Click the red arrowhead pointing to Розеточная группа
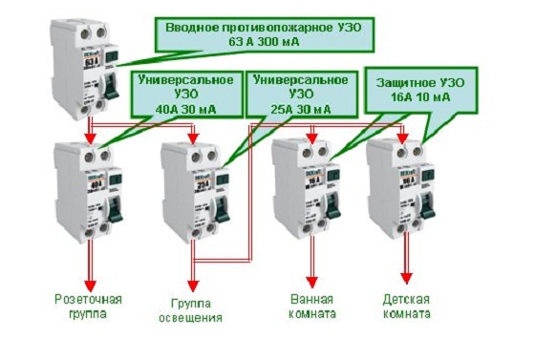pos(92,284)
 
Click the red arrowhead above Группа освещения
pos(194,284)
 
